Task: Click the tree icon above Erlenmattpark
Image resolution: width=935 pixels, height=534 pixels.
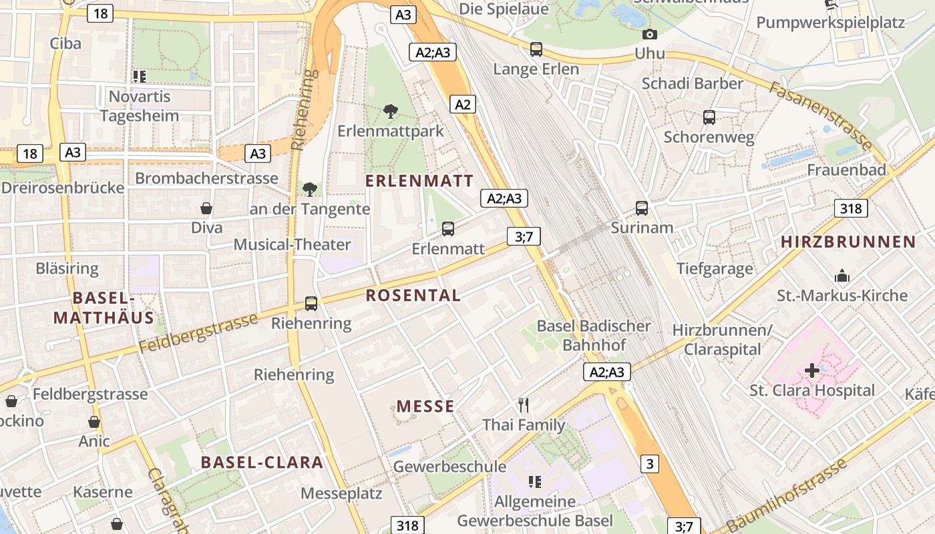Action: (391, 111)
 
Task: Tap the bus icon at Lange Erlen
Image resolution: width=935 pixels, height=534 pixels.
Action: (536, 49)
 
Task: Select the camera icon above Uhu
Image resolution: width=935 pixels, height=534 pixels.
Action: (649, 34)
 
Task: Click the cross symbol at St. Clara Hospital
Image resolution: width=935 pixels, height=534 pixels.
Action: (812, 370)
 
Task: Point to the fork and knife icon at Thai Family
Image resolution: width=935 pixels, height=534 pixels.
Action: (524, 405)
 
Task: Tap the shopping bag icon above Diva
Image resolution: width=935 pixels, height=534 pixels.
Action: (206, 208)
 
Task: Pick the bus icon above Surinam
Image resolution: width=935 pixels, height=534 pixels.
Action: (642, 208)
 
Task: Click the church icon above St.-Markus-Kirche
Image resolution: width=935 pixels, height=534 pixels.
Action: (842, 276)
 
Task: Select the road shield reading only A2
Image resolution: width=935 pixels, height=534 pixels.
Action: (463, 104)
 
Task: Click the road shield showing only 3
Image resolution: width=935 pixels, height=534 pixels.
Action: (649, 464)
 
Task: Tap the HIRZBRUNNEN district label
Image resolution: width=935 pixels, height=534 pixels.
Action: (848, 242)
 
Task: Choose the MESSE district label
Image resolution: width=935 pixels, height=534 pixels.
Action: (425, 406)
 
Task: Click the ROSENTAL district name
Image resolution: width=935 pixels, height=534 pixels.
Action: (413, 295)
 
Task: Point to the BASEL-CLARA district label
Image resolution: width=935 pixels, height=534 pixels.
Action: (262, 462)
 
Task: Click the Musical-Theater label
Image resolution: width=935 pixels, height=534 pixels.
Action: (292, 244)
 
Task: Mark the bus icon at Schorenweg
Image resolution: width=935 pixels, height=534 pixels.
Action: (709, 118)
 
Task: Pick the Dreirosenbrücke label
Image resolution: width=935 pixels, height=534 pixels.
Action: (63, 188)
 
